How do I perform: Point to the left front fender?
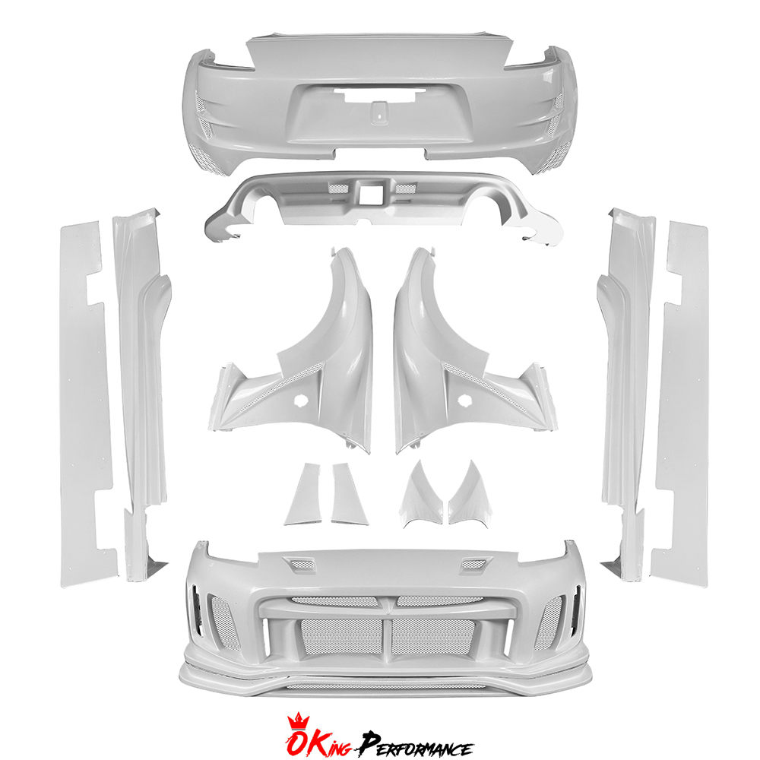[300, 354]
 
